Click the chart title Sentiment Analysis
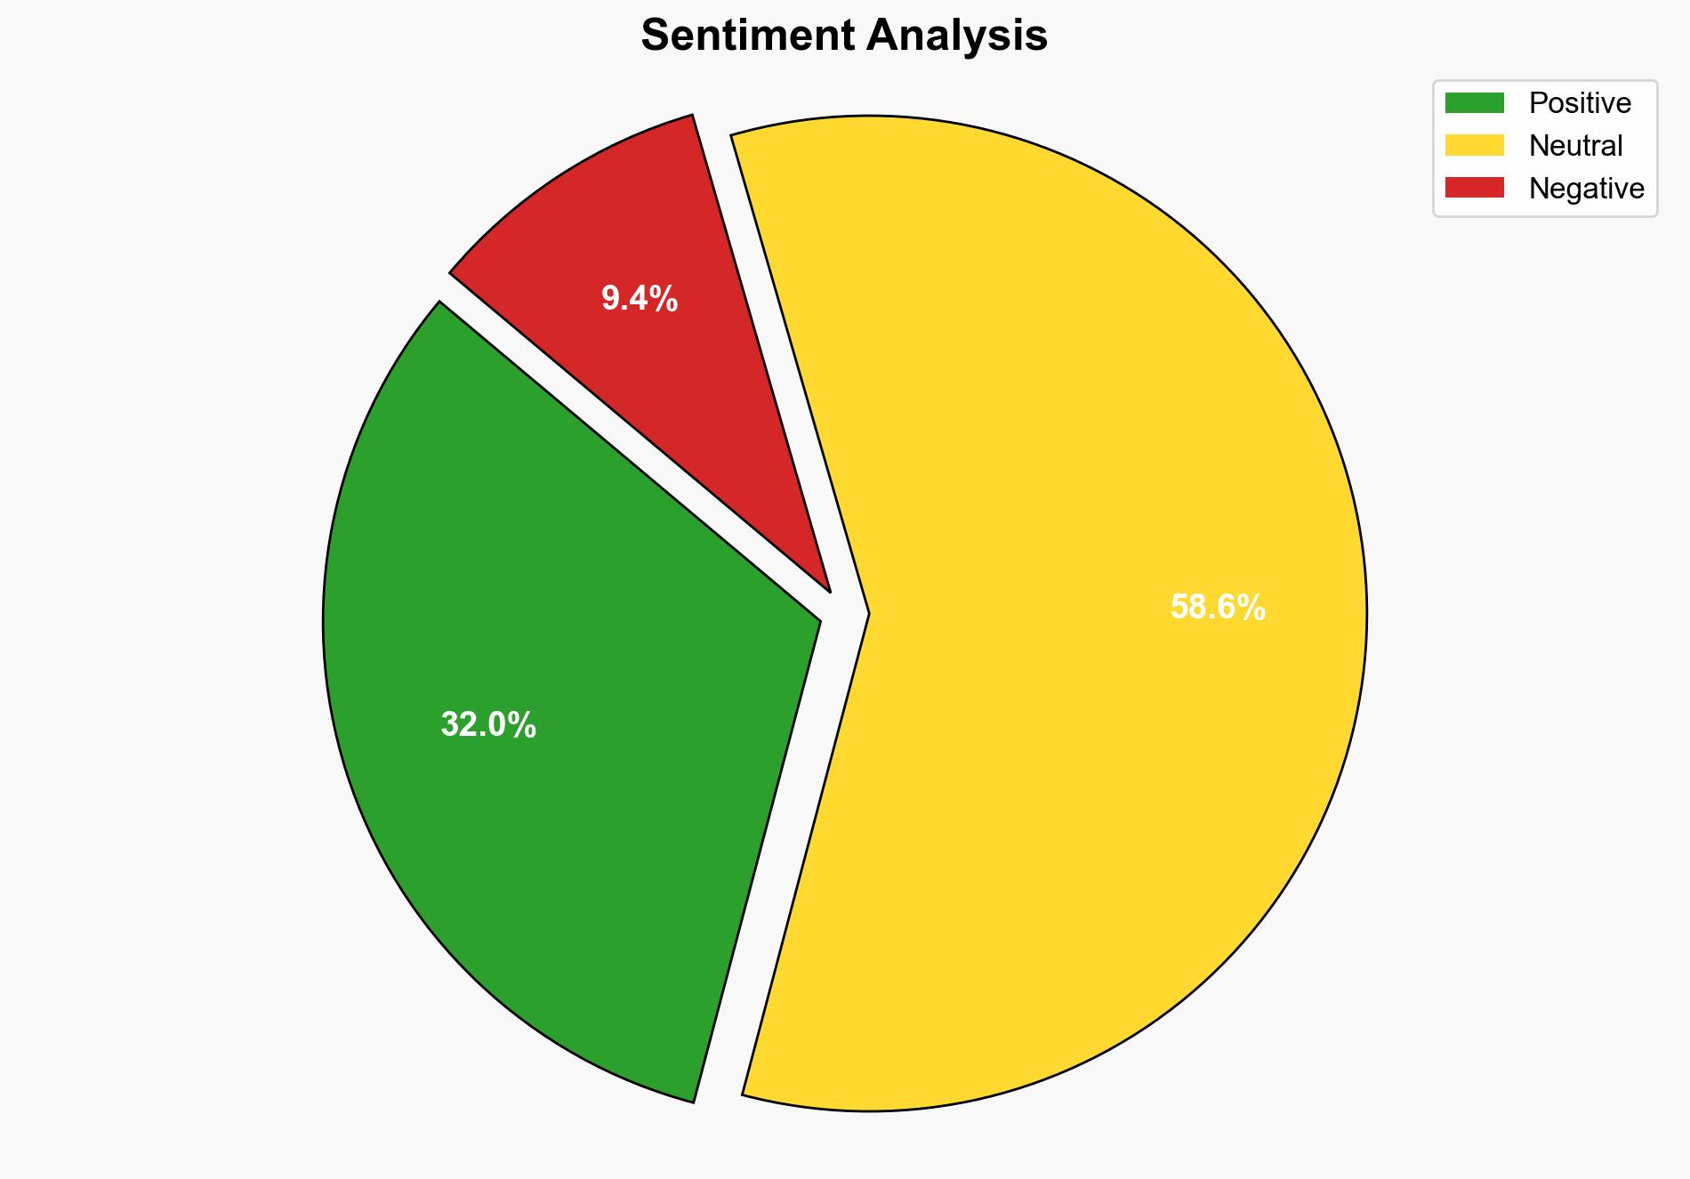pos(844,36)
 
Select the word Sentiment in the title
pos(748,36)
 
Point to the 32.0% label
pos(488,725)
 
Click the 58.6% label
pos(1217,608)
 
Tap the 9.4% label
pos(640,299)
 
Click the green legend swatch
pos(1474,103)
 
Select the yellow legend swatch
pos(1474,145)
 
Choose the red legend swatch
pos(1474,188)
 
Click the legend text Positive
pos(1580,103)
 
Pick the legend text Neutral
pos(1575,146)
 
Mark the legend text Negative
pos(1586,189)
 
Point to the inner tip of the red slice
pos(827,588)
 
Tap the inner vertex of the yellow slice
pos(867,613)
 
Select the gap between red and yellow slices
pos(774,356)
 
